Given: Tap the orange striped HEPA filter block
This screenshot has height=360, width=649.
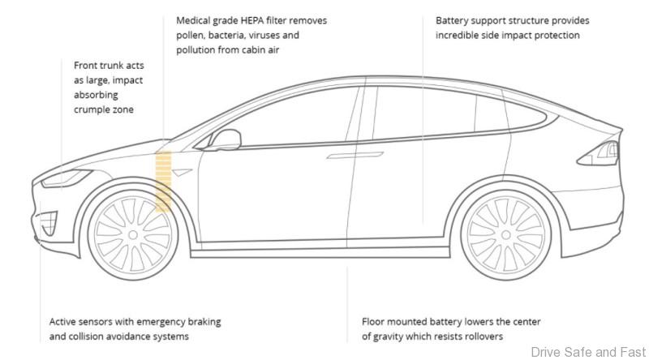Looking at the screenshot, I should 163,181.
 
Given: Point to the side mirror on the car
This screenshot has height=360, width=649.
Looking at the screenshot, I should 226,140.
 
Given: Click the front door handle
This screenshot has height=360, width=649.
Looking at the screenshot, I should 340,153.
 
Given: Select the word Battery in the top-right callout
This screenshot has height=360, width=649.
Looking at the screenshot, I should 453,20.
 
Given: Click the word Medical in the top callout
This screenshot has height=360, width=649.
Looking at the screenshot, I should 195,20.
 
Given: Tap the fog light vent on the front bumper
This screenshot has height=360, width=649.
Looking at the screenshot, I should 48,221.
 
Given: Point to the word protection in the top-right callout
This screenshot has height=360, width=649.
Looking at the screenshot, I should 553,36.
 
